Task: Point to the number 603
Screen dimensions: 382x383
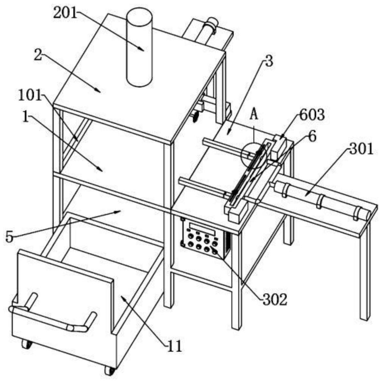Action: click(x=312, y=114)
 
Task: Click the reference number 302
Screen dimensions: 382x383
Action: click(x=275, y=299)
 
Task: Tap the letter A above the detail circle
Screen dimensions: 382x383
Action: click(x=254, y=114)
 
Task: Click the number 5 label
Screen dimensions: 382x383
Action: click(x=9, y=237)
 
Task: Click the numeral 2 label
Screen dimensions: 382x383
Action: click(x=38, y=55)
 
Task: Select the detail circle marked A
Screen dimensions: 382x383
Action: click(x=254, y=156)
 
